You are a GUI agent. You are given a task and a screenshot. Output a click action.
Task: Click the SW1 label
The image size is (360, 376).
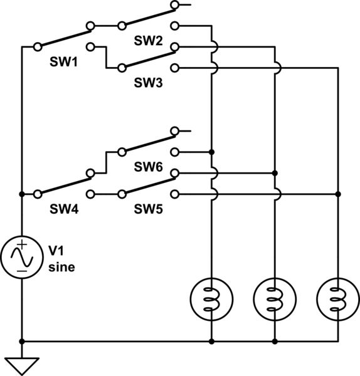[63, 65]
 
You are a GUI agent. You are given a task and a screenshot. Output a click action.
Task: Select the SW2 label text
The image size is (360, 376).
[148, 41]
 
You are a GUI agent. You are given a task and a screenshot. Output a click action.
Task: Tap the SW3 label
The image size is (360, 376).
[148, 81]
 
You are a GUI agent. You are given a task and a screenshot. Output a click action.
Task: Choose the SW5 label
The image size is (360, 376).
[148, 209]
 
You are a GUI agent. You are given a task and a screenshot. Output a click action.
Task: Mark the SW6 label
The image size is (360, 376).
[148, 167]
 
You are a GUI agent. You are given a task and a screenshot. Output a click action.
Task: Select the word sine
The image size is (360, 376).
[61, 267]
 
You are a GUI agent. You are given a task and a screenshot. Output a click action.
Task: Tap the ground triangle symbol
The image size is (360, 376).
[22, 365]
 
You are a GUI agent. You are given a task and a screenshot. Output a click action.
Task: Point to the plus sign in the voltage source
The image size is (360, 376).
[22, 244]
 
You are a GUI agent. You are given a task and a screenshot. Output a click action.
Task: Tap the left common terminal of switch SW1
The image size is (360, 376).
[37, 46]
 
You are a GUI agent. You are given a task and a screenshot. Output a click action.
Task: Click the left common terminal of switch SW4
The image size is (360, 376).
[37, 194]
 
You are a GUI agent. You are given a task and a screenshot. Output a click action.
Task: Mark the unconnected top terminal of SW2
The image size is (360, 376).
[175, 6]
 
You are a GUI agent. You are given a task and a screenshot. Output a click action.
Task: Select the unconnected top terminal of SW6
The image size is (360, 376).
[175, 131]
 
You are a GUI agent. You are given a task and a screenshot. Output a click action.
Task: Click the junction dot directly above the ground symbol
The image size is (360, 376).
[22, 342]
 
